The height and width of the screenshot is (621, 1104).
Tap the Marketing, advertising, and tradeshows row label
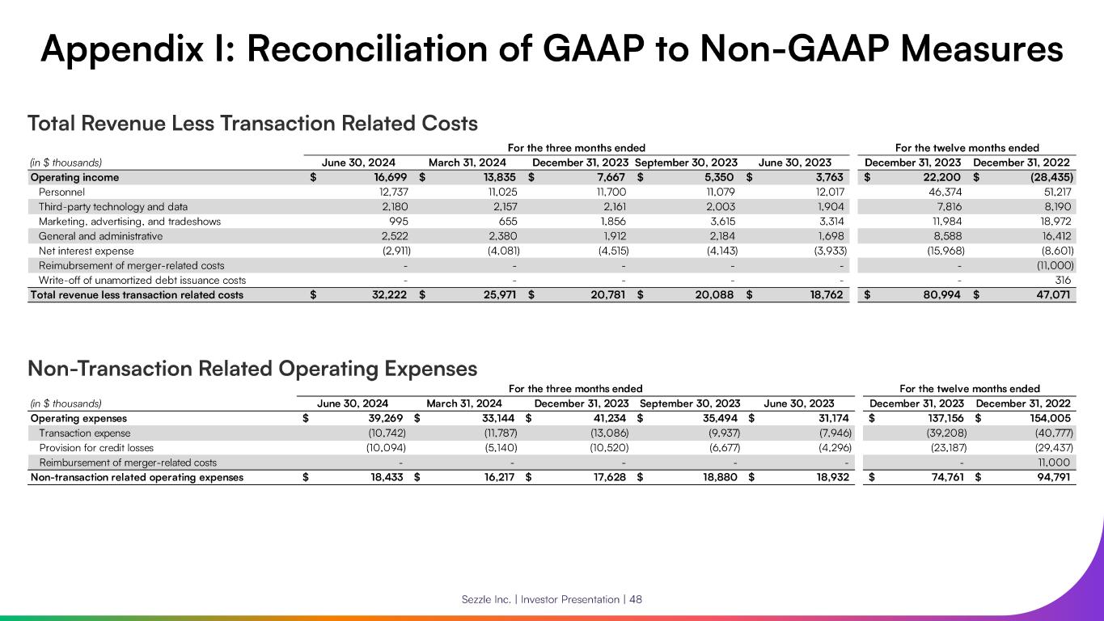click(x=129, y=222)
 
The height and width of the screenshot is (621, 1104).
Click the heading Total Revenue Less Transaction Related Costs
click(x=252, y=124)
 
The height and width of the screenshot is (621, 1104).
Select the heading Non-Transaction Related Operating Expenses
click(x=252, y=370)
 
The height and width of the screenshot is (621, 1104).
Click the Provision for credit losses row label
click(x=96, y=448)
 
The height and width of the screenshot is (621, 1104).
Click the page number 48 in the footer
click(x=636, y=599)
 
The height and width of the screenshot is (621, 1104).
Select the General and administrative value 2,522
click(x=392, y=236)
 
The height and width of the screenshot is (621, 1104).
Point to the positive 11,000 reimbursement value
click(x=1055, y=463)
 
